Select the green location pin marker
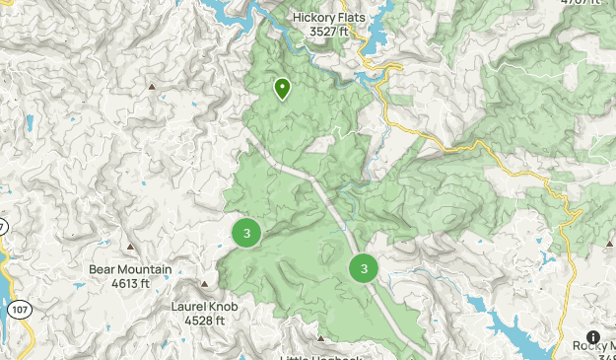pos(283,89)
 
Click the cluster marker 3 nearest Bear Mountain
pos(246,233)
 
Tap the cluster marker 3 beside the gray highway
pos(364,267)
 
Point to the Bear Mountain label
pos(130,269)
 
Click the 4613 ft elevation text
pos(130,284)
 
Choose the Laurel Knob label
pos(204,307)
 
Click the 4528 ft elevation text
pos(204,321)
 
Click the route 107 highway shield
pos(19,310)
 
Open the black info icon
pos(593,337)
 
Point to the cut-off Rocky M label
pos(593,347)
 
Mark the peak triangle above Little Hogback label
pos(320,338)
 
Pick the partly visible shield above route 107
pos(3,227)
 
